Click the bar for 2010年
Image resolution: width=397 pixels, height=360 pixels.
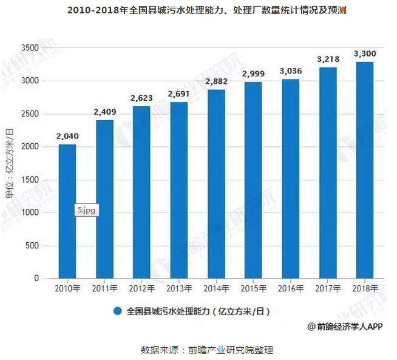[x=67, y=211]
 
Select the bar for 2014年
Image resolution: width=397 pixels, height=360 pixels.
[x=216, y=184]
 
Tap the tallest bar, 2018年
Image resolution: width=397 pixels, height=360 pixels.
[x=364, y=170]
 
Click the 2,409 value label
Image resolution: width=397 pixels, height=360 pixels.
[x=104, y=112]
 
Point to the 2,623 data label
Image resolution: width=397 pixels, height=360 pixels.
[x=141, y=98]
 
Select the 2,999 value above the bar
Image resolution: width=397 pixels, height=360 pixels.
[x=253, y=73]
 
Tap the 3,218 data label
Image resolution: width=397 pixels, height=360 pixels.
[x=327, y=59]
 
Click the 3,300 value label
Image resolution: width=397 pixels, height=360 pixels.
[x=364, y=53]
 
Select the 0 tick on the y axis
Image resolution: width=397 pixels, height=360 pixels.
[x=36, y=279]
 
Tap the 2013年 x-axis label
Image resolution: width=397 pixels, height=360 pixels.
[x=178, y=288]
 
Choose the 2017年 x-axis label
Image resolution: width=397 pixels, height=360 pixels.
[x=327, y=288]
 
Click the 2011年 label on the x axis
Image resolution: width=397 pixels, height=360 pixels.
[x=104, y=288]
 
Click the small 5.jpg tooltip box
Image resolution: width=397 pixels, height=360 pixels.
[x=87, y=210]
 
